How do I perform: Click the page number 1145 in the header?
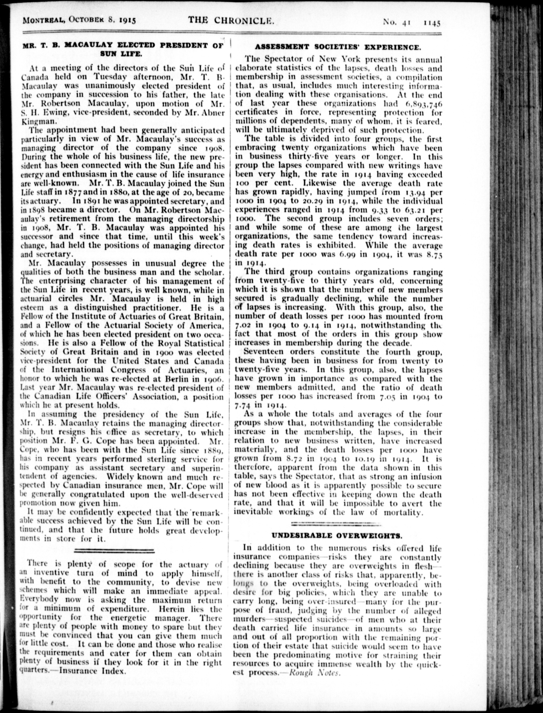(432, 23)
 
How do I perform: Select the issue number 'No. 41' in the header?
(397, 23)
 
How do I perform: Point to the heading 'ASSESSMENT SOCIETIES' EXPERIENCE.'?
(338, 47)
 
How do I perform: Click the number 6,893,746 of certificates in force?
(423, 104)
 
